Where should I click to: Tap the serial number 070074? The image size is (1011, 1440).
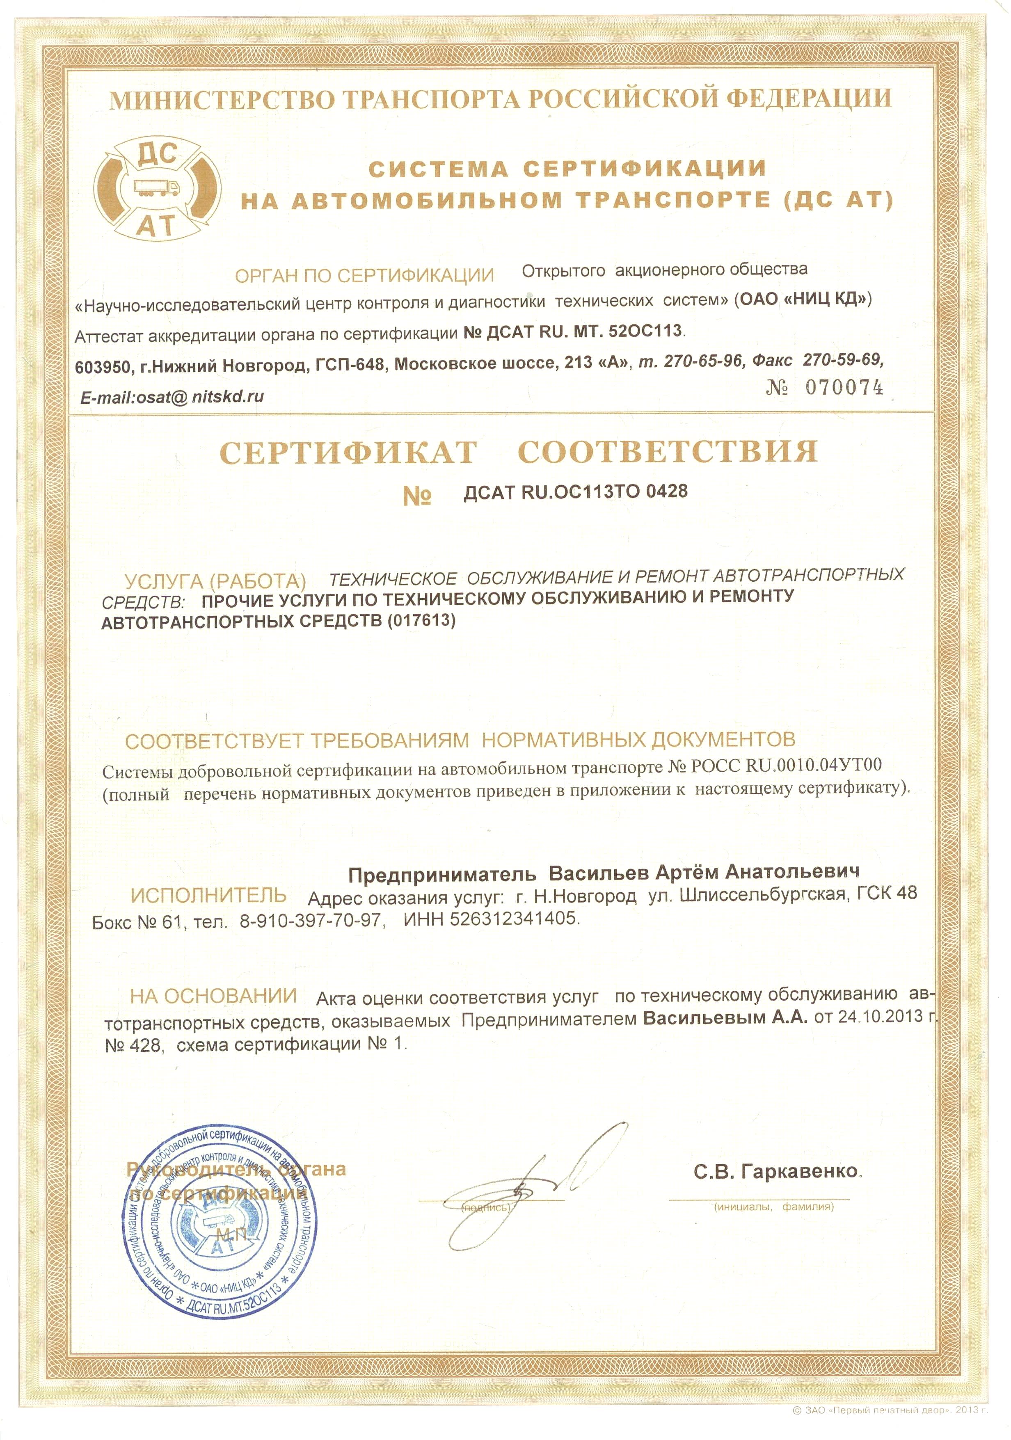tap(844, 388)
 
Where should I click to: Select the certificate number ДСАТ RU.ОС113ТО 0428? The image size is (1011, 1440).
tap(575, 492)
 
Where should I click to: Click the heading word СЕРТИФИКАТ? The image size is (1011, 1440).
tap(348, 453)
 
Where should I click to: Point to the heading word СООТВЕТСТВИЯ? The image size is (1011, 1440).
tap(668, 452)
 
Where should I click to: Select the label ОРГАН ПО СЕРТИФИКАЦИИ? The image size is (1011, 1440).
tap(364, 275)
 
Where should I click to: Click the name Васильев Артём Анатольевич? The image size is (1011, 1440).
tap(704, 872)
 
